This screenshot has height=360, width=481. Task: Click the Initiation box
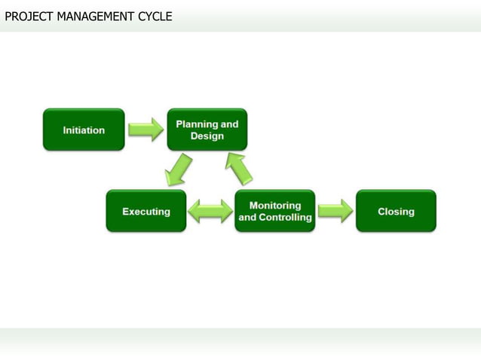(84, 130)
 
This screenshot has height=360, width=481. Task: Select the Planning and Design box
(207, 130)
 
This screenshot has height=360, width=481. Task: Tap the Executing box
(146, 211)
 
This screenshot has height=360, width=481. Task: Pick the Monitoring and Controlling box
(275, 211)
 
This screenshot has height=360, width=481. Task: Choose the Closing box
(396, 211)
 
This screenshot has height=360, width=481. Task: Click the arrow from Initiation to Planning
(146, 130)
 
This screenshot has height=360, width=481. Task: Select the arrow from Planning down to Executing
(179, 170)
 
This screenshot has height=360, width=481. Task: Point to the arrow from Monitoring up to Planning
(240, 168)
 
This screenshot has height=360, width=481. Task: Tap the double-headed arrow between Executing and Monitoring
(210, 211)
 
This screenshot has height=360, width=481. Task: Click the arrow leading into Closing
(335, 211)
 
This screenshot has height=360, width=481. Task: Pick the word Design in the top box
(207, 136)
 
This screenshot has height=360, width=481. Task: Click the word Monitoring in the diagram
(275, 205)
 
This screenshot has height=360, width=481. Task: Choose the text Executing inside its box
(146, 212)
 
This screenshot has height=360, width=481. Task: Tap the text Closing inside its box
(396, 212)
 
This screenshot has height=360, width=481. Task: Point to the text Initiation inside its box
(84, 130)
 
